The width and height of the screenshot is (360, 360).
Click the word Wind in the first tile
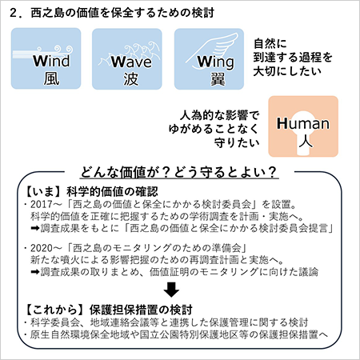tap(51, 61)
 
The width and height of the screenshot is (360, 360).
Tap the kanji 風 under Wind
tap(51, 79)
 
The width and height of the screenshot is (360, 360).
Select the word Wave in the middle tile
tap(131, 62)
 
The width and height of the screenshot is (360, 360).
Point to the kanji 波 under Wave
tap(130, 79)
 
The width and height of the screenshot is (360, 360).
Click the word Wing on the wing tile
tap(215, 62)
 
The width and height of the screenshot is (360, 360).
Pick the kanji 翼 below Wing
tap(218, 79)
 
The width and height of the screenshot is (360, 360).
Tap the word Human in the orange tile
tap(303, 123)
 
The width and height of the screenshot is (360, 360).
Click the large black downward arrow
tap(171, 290)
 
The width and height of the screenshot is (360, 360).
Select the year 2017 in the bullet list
tap(42, 204)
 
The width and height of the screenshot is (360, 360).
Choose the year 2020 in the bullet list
tap(42, 248)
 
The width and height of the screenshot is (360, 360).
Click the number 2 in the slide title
tap(14, 13)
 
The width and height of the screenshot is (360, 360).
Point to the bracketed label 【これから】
tap(54, 310)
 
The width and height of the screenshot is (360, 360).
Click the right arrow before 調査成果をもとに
tap(35, 229)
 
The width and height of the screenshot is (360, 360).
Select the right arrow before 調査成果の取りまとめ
tap(35, 272)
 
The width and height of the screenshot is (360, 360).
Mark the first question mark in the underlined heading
tap(166, 172)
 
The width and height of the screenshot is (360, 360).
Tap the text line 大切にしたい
tap(287, 71)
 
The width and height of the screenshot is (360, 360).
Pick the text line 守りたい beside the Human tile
tap(237, 142)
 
